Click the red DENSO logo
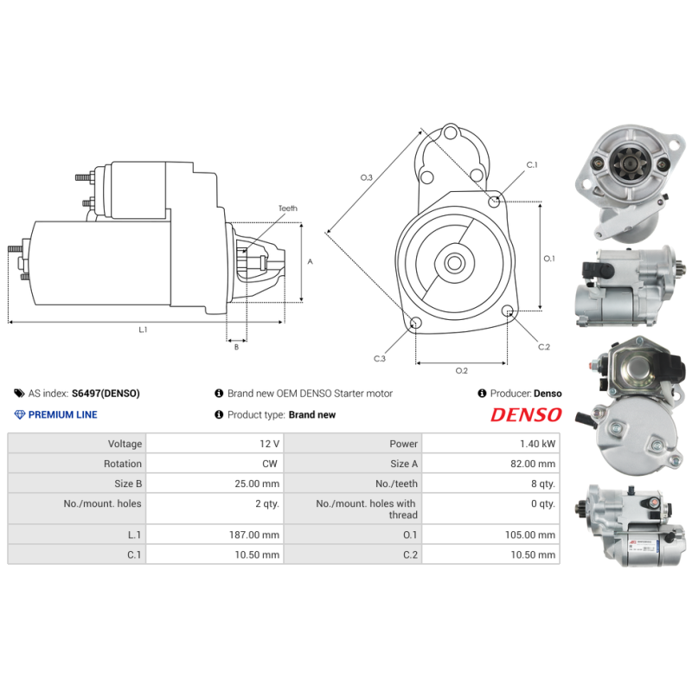(526, 415)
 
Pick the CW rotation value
(270, 465)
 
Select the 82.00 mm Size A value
(533, 465)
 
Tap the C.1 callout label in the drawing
(532, 164)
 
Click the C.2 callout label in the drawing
(544, 347)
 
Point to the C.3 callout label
(380, 358)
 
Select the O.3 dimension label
(367, 177)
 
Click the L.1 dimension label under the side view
(144, 329)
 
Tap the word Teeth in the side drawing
(288, 208)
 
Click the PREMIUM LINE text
(63, 414)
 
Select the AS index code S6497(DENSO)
(106, 394)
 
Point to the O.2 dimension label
(462, 371)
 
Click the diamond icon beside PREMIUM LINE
(20, 414)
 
